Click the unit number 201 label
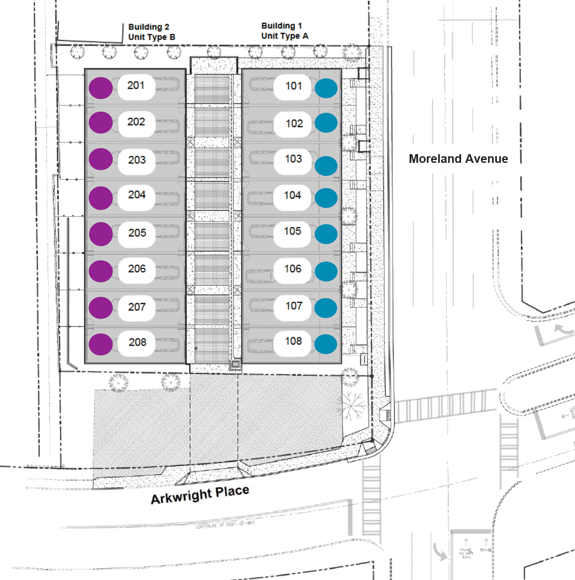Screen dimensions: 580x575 click(136, 86)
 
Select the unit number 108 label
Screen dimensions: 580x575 click(293, 341)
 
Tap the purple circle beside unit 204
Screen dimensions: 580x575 click(101, 198)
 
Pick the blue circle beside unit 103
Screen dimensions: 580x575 click(326, 166)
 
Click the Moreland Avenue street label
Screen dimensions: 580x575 click(458, 159)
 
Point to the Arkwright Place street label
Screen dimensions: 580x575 click(200, 494)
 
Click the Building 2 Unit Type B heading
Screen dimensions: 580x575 click(152, 32)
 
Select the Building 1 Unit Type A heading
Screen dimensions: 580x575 click(285, 31)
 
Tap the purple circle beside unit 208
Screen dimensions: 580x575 click(101, 344)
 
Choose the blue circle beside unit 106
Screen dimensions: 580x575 click(326, 271)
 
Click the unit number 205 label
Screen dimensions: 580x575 click(137, 233)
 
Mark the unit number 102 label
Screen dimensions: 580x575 click(294, 123)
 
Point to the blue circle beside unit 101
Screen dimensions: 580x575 click(326, 88)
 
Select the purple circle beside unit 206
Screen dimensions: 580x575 click(101, 271)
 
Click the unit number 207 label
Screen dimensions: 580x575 click(137, 307)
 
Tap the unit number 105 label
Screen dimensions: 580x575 click(292, 231)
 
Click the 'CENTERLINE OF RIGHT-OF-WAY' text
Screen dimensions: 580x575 click(225, 525)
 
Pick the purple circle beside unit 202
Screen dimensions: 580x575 click(101, 123)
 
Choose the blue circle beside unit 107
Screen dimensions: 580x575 click(326, 308)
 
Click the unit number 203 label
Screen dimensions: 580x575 click(137, 160)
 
